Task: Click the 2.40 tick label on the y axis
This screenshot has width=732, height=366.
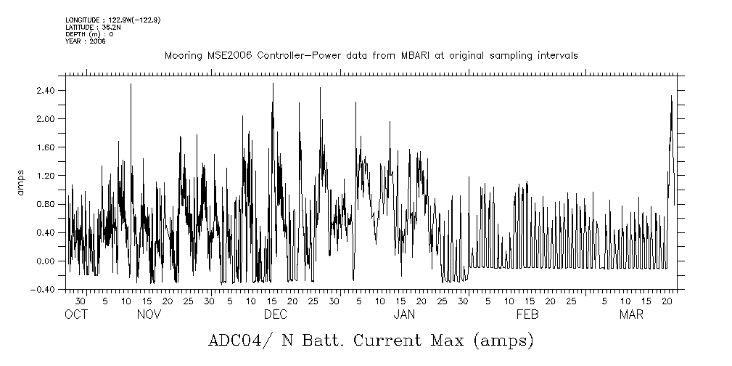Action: [45, 91]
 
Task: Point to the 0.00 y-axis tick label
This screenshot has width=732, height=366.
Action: [45, 261]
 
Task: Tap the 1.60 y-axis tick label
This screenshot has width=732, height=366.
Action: [45, 147]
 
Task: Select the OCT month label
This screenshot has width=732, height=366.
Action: [76, 314]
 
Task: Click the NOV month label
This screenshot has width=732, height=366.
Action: [149, 314]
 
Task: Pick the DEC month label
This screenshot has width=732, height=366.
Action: [275, 314]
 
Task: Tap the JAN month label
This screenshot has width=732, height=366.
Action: [404, 314]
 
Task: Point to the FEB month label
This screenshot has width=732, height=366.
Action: [527, 314]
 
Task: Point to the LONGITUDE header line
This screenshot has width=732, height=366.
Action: [112, 20]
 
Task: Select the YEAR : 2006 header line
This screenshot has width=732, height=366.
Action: [86, 41]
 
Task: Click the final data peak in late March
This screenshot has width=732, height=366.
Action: [671, 96]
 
